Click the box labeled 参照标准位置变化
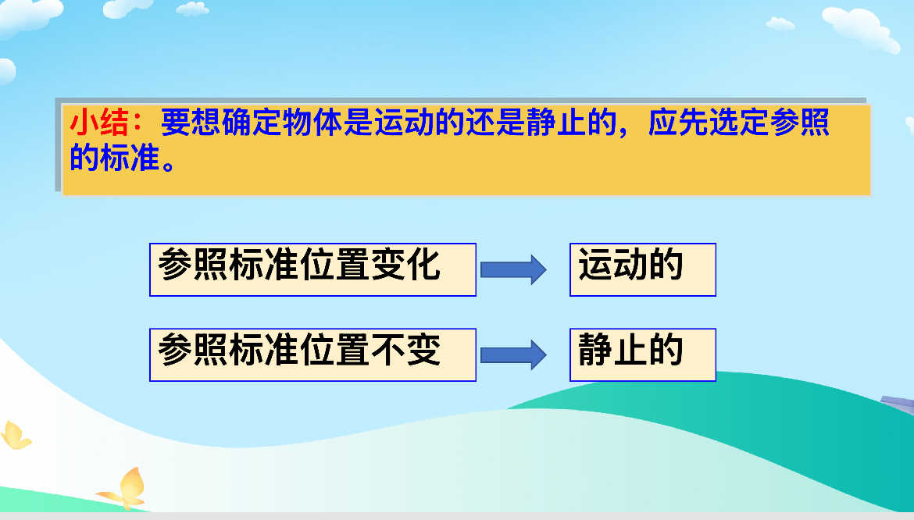click(x=313, y=269)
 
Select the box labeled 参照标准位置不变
click(x=313, y=354)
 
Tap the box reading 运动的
click(x=643, y=269)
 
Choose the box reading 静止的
click(x=643, y=354)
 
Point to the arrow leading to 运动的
click(x=513, y=269)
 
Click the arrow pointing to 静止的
click(x=513, y=354)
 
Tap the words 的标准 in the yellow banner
click(x=115, y=158)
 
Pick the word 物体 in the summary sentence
click(x=312, y=123)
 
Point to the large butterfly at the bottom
click(x=124, y=489)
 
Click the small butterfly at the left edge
click(x=15, y=435)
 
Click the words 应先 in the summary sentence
click(x=677, y=123)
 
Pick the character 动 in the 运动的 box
click(x=630, y=265)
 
